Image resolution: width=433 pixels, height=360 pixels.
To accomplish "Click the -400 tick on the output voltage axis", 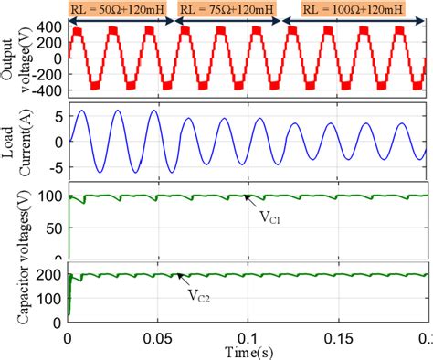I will point(47,90).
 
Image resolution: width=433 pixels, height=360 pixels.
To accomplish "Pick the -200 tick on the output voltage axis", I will point(47,75).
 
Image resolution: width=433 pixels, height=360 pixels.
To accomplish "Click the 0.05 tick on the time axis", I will point(156,337).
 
